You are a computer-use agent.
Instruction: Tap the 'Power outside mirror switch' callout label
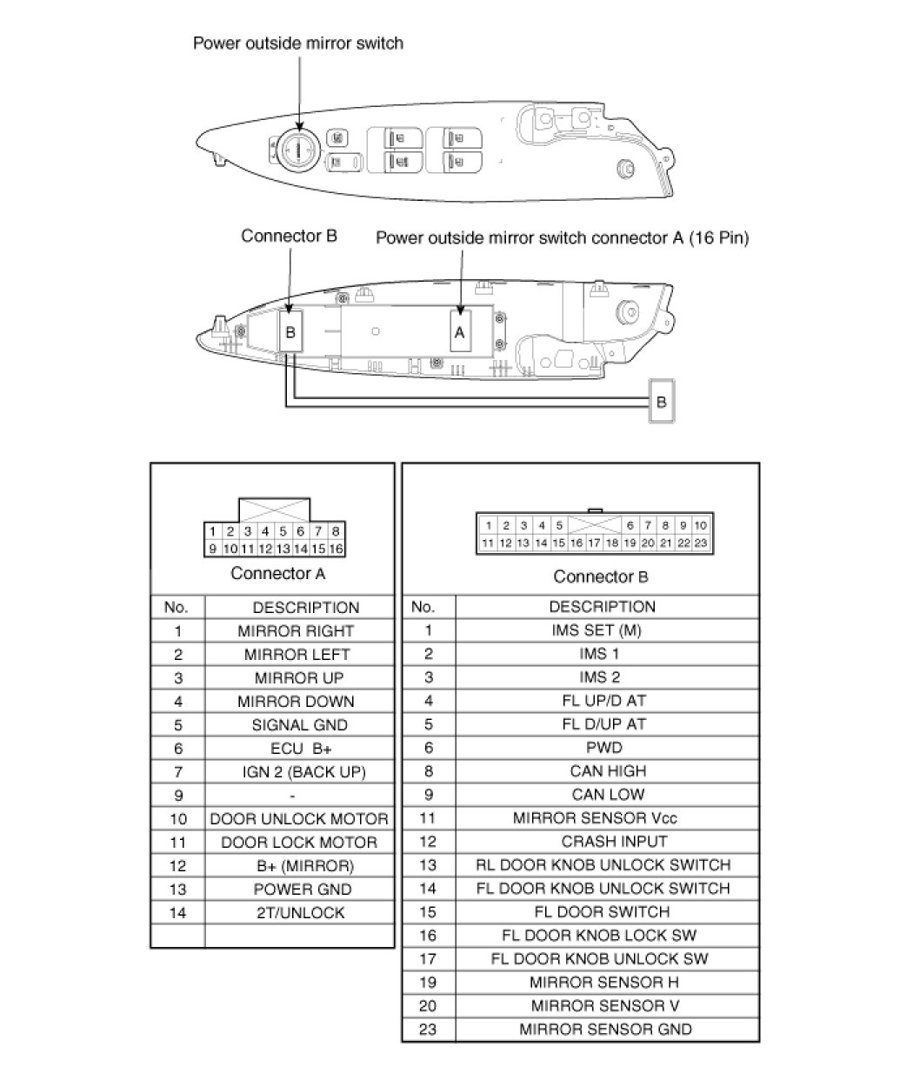298,43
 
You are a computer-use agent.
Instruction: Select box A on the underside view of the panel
460,330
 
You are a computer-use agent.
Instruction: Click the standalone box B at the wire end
662,402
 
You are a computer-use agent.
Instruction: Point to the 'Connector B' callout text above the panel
289,236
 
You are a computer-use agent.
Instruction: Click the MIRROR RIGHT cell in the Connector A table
296,631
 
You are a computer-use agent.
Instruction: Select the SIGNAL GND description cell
299,725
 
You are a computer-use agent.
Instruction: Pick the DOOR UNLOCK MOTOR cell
299,819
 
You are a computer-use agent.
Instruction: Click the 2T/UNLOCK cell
299,913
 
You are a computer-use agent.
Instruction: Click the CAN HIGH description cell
608,771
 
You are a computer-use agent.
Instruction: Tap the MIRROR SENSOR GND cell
605,1030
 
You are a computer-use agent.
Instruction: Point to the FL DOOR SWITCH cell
602,912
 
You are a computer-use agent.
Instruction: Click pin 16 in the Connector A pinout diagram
337,549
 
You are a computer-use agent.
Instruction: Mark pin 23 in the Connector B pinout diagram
702,543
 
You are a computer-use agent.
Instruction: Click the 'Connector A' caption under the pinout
277,573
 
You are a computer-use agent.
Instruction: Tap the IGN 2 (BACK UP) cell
303,772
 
